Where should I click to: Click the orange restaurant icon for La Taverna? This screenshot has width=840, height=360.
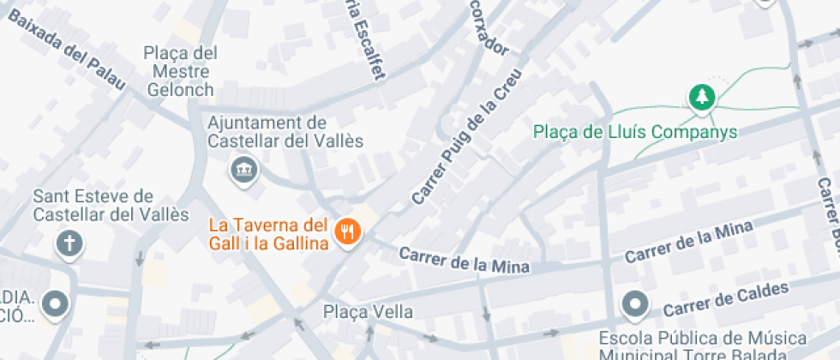(347, 231)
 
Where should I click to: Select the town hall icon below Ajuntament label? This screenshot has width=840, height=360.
(243, 169)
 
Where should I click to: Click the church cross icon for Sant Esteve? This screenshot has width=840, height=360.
(69, 244)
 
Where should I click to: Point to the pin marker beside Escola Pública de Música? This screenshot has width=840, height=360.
(634, 303)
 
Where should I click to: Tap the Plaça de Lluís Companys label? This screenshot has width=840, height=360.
(635, 132)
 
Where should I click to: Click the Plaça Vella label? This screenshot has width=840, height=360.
(368, 312)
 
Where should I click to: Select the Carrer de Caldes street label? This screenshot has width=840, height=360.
(725, 298)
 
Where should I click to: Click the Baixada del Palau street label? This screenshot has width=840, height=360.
(64, 51)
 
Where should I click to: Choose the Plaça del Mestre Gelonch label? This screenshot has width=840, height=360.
(181, 70)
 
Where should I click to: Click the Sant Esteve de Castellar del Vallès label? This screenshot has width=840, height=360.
(111, 206)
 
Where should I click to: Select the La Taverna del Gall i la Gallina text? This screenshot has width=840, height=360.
(269, 234)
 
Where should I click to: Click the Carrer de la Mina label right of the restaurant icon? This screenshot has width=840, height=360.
(464, 261)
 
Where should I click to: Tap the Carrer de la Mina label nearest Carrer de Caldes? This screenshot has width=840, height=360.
(688, 243)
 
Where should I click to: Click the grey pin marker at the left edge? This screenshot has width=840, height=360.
(57, 303)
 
